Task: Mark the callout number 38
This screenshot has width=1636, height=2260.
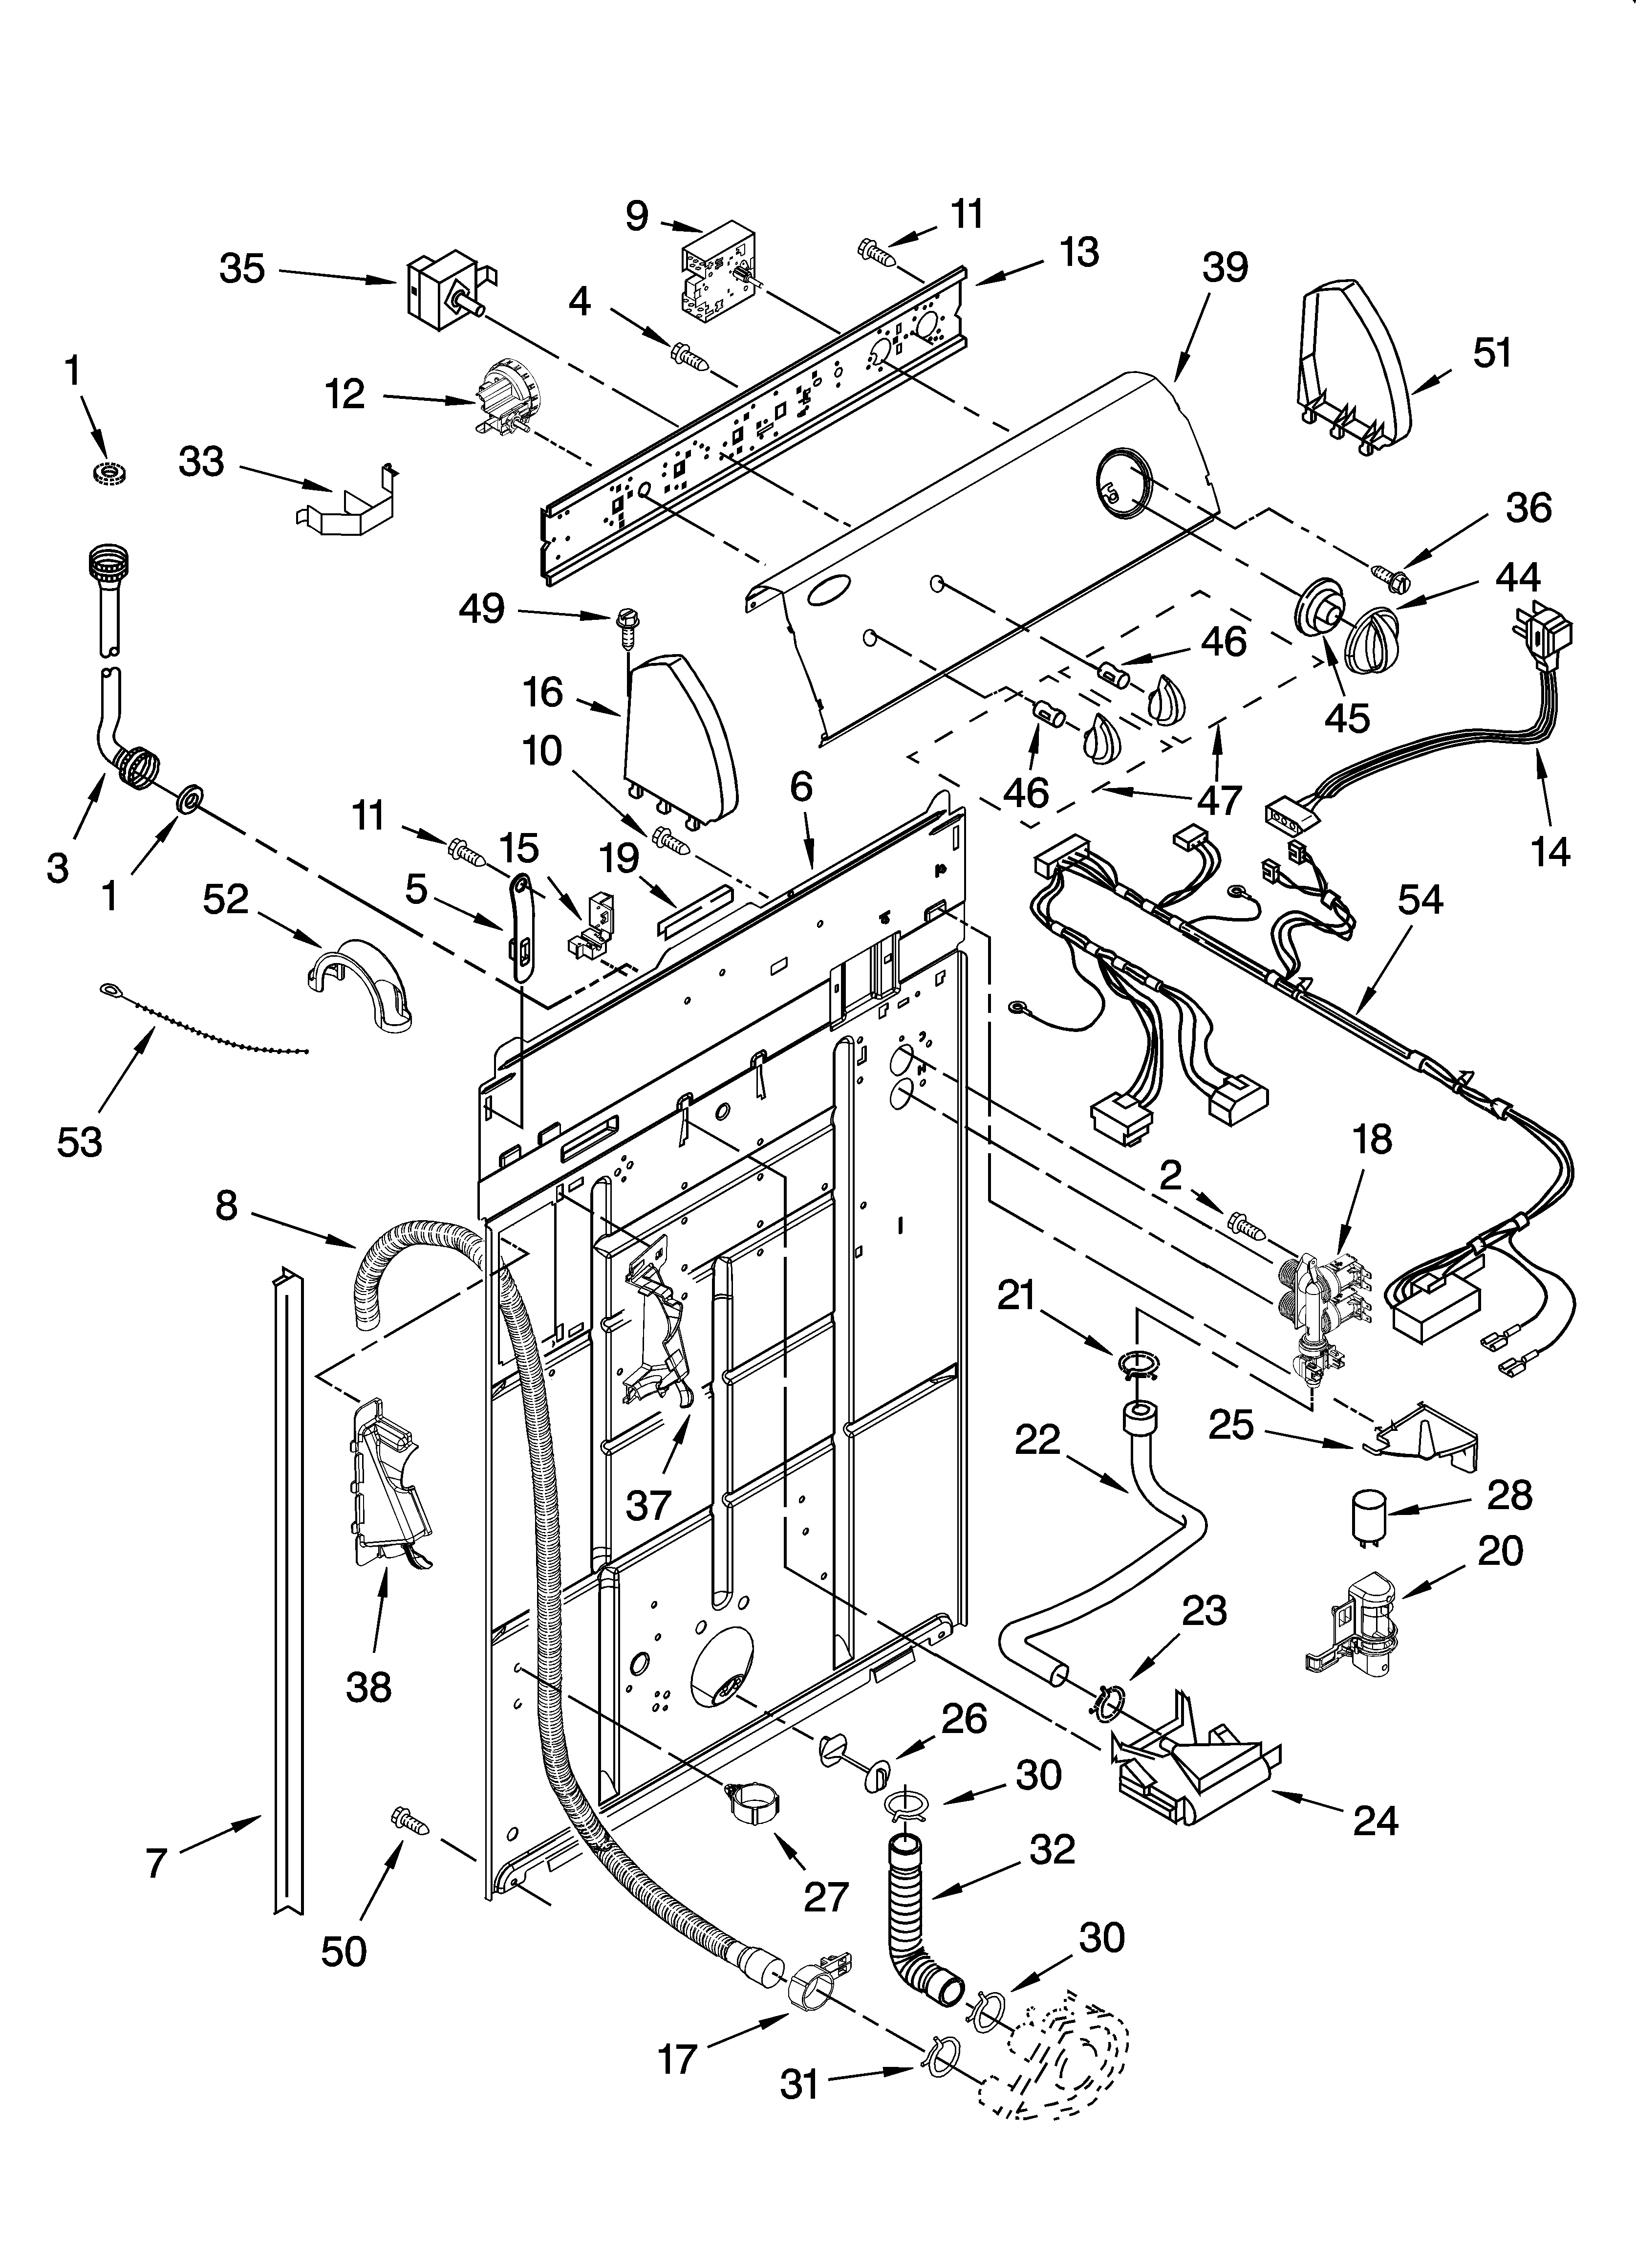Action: [x=368, y=1687]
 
